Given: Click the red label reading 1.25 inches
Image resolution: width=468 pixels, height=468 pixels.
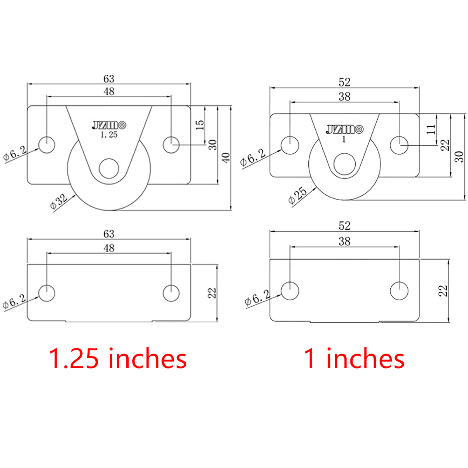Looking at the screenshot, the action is click(x=118, y=359).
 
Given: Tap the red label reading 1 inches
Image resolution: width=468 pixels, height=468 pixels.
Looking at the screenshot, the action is click(x=354, y=359).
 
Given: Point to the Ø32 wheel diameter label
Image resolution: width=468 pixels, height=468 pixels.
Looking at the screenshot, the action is click(x=59, y=202).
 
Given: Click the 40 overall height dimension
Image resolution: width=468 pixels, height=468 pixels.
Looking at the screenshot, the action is click(x=226, y=158).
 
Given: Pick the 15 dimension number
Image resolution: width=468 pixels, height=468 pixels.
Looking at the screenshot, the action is click(x=199, y=125).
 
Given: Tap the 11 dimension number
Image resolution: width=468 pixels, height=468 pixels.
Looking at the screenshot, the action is click(x=431, y=129).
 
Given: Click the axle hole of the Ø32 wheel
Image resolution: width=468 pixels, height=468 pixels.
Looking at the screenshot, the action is click(x=109, y=168).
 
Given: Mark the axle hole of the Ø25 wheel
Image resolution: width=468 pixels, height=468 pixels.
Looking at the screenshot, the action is click(x=344, y=164).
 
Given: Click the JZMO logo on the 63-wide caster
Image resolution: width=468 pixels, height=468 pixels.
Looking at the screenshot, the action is click(x=109, y=125).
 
